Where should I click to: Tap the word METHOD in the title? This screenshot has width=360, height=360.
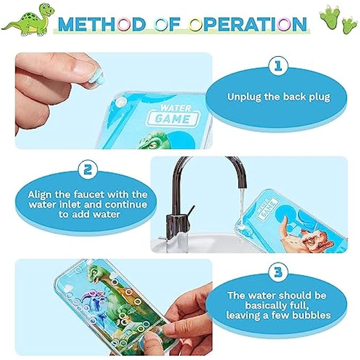[x=87, y=24]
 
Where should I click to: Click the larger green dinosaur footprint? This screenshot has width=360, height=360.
[x=330, y=17]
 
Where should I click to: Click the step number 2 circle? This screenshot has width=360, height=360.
[x=87, y=170]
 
